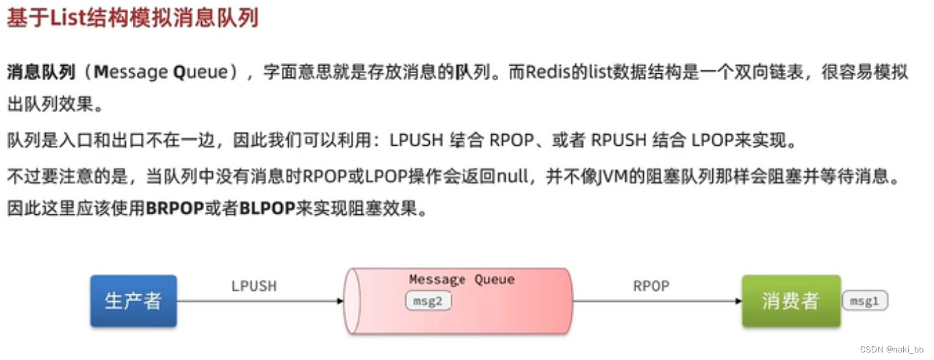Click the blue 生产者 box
tap(133, 300)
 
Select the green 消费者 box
tap(790, 300)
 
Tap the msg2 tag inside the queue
tap(428, 301)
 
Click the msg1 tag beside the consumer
tap(864, 300)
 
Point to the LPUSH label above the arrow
tap(254, 286)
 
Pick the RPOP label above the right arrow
tap(651, 285)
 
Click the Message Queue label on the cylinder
tap(461, 279)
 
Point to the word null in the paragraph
tap(513, 176)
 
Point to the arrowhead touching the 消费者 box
tap(738, 300)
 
